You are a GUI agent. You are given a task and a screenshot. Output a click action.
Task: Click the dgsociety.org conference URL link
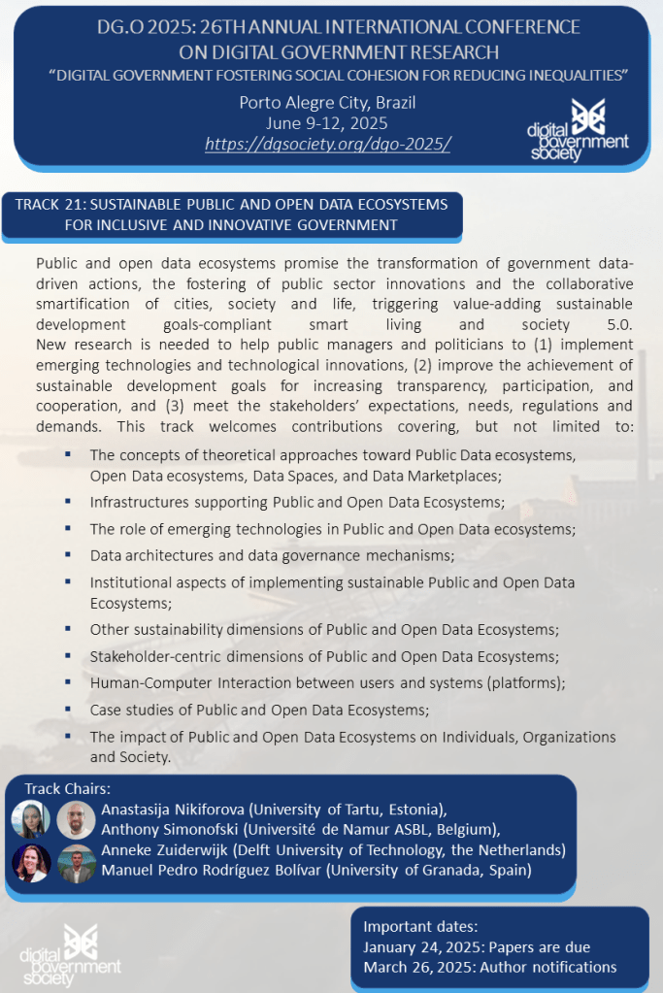click(327, 144)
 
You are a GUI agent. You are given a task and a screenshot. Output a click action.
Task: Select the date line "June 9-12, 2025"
click(327, 122)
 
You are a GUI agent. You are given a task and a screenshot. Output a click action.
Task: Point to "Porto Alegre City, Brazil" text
click(327, 103)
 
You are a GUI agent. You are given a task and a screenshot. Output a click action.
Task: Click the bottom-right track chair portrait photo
click(76, 863)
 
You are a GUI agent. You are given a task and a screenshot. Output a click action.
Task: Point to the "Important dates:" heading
click(420, 926)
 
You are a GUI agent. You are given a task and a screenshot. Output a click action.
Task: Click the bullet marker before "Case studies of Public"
click(68, 709)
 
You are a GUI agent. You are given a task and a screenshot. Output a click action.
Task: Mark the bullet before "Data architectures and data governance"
click(68, 554)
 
